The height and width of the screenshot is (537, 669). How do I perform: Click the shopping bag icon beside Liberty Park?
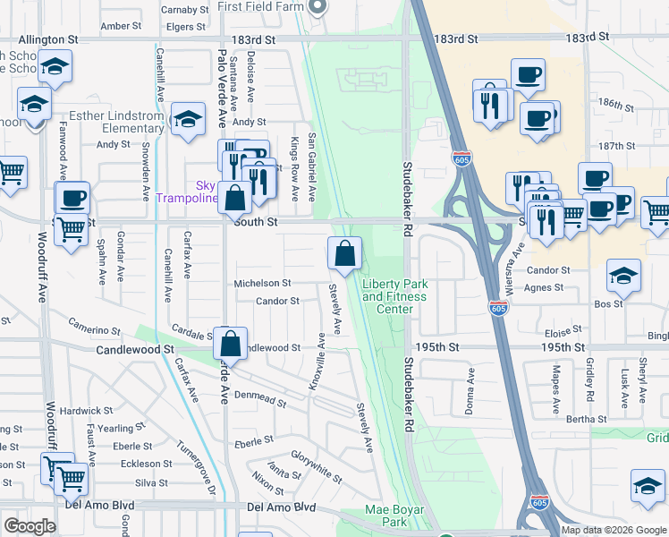coord(344,254)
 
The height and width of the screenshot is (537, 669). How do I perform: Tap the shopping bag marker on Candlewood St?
coord(231,343)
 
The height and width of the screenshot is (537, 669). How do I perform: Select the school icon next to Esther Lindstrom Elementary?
coord(188,120)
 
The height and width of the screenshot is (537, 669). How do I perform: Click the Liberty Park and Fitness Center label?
coord(394,296)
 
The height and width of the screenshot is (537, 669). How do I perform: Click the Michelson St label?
coord(262,283)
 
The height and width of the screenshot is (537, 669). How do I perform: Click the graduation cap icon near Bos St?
coord(623,277)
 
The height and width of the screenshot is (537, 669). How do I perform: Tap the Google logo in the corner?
coord(29,527)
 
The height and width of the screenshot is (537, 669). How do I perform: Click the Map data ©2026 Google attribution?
coord(613,530)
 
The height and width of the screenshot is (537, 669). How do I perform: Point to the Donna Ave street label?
coord(468,381)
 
